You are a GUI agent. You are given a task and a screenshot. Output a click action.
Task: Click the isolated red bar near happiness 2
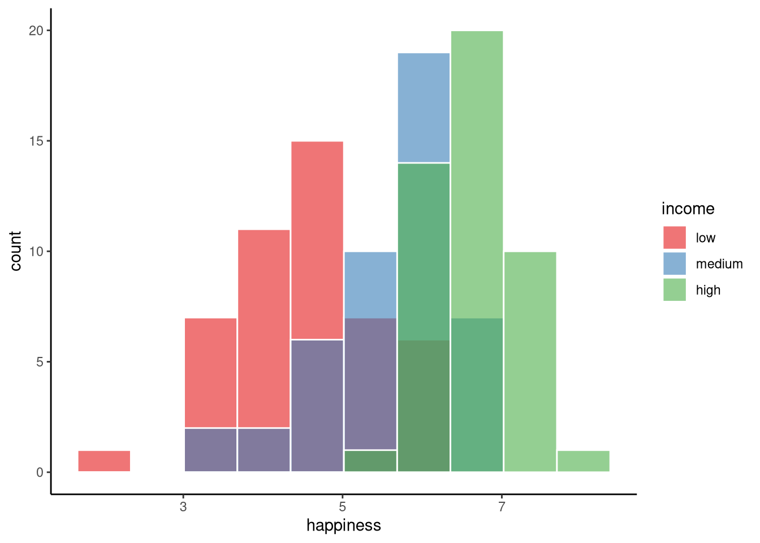[x=104, y=461]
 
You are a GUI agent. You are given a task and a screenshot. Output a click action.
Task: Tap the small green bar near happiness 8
[x=583, y=461]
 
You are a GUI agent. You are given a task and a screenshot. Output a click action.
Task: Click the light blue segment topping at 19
[x=424, y=107]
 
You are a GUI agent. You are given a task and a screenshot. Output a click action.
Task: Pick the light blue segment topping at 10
[x=370, y=285]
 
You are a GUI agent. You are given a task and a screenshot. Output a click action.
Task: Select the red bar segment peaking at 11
[x=264, y=328]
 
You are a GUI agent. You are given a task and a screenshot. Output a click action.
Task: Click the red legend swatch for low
[x=674, y=238]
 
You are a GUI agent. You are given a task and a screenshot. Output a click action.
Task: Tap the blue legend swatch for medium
[x=674, y=264]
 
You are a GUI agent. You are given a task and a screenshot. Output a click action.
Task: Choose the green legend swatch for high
[x=674, y=290]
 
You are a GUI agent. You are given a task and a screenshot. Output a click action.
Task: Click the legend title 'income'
[x=688, y=209]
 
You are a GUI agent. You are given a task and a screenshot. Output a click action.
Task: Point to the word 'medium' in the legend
[x=719, y=264]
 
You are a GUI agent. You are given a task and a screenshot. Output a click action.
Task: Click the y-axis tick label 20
[x=36, y=31]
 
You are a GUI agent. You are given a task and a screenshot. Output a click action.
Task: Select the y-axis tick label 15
[x=36, y=141]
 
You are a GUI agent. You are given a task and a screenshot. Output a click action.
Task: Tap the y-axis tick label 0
[x=40, y=472]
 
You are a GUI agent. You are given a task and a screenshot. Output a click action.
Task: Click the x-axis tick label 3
[x=183, y=507]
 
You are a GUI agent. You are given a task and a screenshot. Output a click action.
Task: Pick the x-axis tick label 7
[x=502, y=507]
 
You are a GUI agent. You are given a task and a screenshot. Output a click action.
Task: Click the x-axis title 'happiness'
[x=343, y=525]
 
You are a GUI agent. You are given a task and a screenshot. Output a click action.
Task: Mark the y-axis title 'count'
[x=15, y=251]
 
